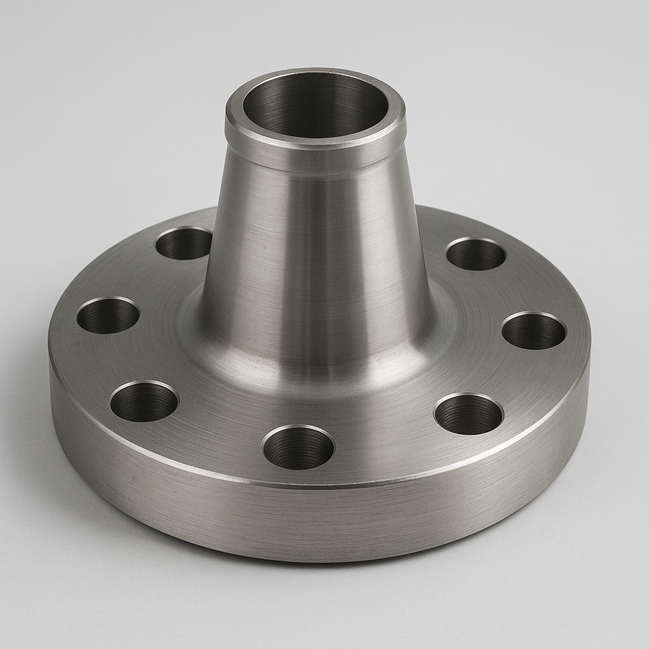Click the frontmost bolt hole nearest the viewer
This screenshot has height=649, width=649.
pos(298,447)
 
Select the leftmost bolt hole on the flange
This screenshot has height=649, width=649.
pos(108,315)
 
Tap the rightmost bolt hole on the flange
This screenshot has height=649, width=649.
pos(534,330)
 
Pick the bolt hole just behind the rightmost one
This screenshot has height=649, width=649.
pos(476,254)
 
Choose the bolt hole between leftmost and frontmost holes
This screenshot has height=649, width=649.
pos(144,401)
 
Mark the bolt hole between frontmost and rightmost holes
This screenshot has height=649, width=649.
pos(469,413)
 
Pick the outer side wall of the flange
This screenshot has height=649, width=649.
pos(324,519)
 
